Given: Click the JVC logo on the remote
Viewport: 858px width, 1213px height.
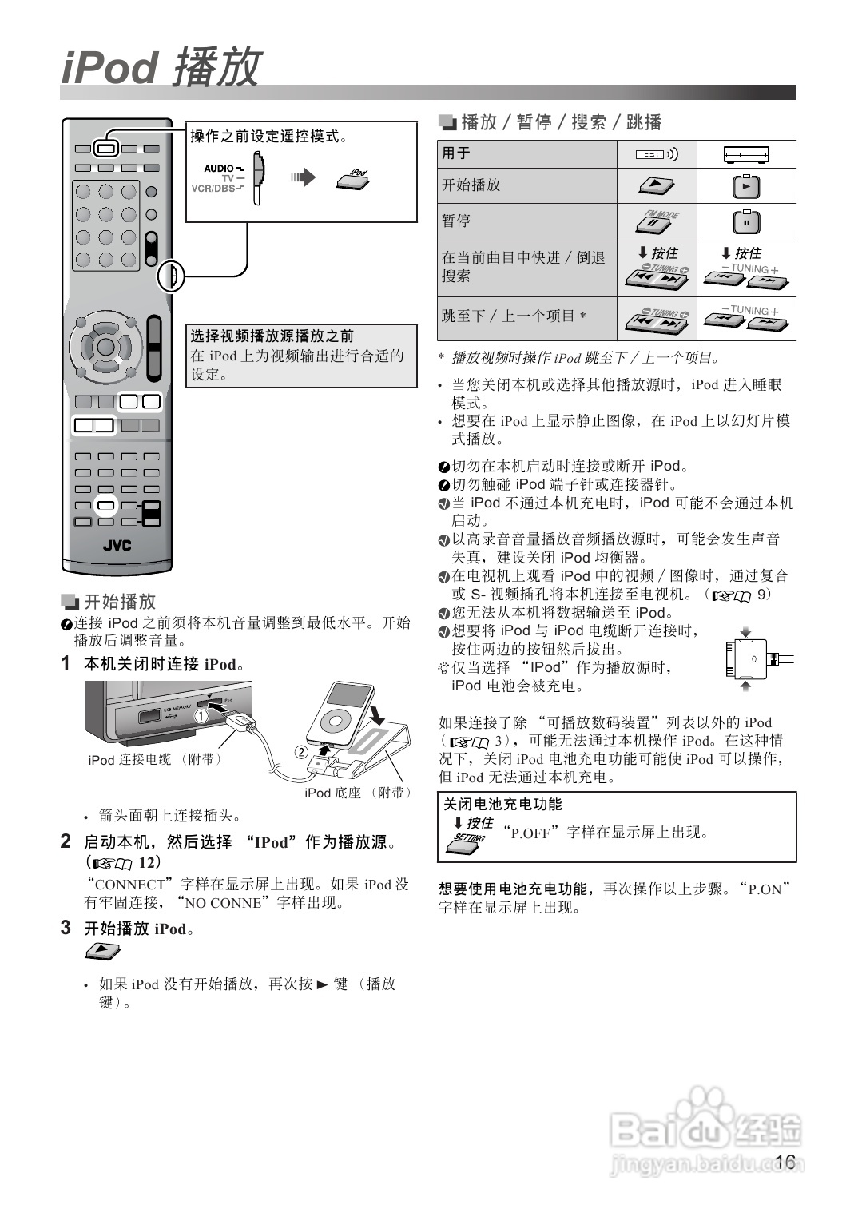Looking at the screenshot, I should [117, 545].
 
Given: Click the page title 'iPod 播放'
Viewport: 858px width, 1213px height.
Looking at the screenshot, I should [162, 66].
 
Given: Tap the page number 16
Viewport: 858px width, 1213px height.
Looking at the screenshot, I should [785, 1161].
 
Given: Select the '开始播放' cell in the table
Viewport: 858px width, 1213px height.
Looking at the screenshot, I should [471, 185].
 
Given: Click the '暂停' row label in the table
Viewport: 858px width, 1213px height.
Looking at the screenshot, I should [456, 221].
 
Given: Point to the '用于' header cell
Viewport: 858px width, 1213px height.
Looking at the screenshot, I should [456, 153].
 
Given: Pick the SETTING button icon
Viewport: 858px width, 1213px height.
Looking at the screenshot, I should [466, 842].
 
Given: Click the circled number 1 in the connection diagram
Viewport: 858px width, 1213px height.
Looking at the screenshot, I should [201, 716].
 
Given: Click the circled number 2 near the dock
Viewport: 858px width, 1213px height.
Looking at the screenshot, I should [300, 752].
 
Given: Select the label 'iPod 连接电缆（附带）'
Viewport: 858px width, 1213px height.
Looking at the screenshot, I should [156, 759].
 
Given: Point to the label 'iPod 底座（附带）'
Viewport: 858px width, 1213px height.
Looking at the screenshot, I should [358, 793].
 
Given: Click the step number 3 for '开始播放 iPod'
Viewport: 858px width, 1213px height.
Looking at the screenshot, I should [66, 928].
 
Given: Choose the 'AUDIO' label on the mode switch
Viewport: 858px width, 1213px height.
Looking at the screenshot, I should [219, 169].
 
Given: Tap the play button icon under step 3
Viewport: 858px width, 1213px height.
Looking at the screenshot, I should [102, 951].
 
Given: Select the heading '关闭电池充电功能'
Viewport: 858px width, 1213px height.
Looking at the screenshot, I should [503, 804].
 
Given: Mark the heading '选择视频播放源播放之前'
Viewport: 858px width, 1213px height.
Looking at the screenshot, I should [272, 336].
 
